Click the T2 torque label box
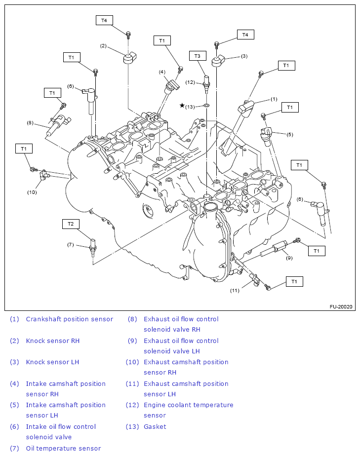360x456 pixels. point(71,224)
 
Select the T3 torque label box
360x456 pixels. point(197,56)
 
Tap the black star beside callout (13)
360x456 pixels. point(182,106)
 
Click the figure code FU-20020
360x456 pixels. point(341,306)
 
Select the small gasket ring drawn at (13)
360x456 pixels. point(206,106)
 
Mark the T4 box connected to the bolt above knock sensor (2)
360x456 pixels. point(104,20)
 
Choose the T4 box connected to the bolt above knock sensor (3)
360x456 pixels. point(245,35)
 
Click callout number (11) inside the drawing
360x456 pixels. point(235,290)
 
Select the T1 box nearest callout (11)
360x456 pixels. point(295,281)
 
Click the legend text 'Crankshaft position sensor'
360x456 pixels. point(69,319)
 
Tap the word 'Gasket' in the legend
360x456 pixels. point(155,427)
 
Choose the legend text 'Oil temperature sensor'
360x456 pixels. point(63,448)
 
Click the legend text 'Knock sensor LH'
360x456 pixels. point(52,362)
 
